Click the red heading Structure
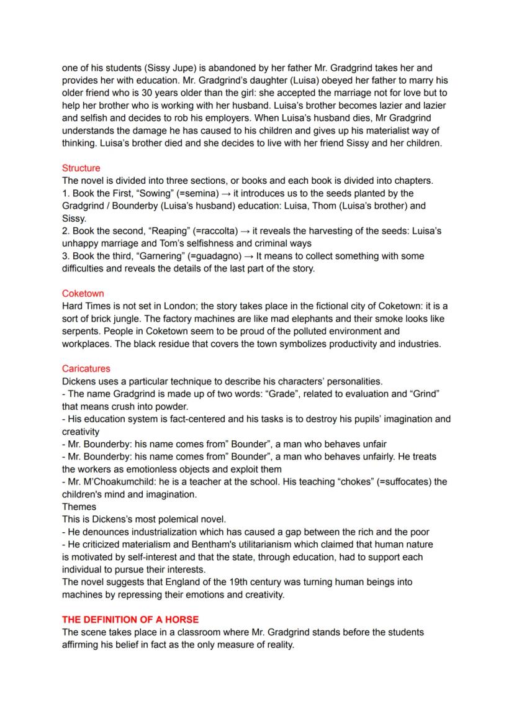81,168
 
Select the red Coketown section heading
83,293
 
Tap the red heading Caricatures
86,368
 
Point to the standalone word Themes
79,507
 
